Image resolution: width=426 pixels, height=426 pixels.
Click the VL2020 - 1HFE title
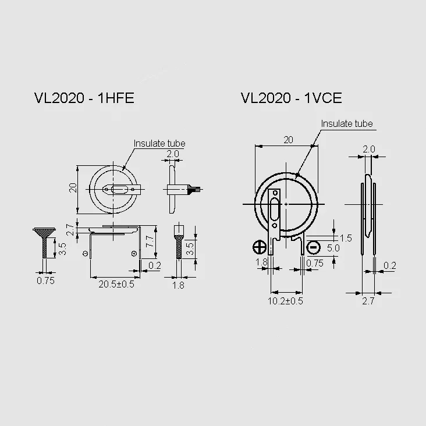(x=84, y=98)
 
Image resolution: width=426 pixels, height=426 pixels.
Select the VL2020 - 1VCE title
(x=291, y=98)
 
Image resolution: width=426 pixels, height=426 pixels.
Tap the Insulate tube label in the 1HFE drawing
(x=159, y=143)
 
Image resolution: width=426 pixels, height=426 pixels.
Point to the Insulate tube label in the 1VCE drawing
(x=347, y=123)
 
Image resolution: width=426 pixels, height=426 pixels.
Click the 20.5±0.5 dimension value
(x=116, y=284)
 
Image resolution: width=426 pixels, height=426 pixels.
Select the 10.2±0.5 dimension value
(x=285, y=301)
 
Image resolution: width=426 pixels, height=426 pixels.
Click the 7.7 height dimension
(x=150, y=241)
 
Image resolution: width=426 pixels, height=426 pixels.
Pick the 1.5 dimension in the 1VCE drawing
(x=346, y=238)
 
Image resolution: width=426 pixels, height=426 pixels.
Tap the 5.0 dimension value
(x=333, y=248)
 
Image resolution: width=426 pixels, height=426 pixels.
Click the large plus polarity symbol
(x=260, y=247)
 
